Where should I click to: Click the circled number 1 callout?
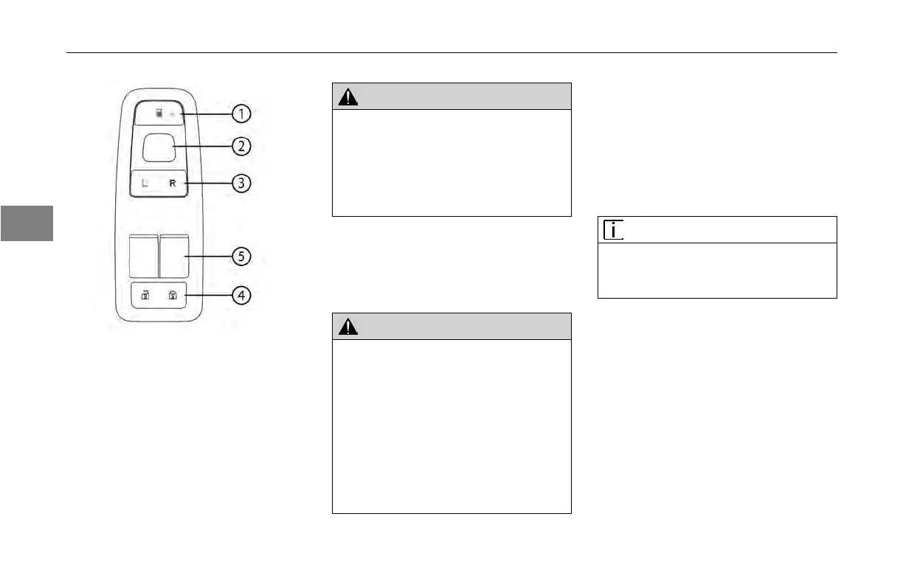pyautogui.click(x=241, y=114)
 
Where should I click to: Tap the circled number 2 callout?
pyautogui.click(x=241, y=146)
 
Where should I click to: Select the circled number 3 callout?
pyautogui.click(x=241, y=183)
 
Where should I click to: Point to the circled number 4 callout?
pyautogui.click(x=241, y=296)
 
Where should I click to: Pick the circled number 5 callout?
pyautogui.click(x=241, y=257)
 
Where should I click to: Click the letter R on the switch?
pyautogui.click(x=173, y=183)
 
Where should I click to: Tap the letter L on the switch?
pyautogui.click(x=145, y=183)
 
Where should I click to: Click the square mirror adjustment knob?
pyautogui.click(x=159, y=147)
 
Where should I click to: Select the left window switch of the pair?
pyautogui.click(x=144, y=255)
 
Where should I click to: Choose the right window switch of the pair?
pyautogui.click(x=174, y=255)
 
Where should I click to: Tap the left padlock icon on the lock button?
pyautogui.click(x=145, y=296)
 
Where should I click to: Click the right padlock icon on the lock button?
pyautogui.click(x=173, y=296)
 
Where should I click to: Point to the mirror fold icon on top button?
pyautogui.click(x=160, y=114)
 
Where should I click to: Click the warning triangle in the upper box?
pyautogui.click(x=347, y=97)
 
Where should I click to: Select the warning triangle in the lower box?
pyautogui.click(x=347, y=327)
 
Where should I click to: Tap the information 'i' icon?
pyautogui.click(x=612, y=230)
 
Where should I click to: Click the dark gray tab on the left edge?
pyautogui.click(x=27, y=223)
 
